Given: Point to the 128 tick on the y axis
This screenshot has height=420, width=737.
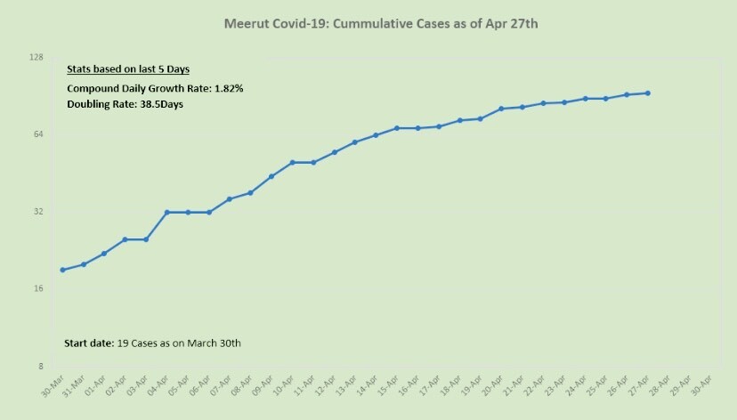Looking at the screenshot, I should coord(37,57).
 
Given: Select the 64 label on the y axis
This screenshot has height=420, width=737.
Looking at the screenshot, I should coord(39,134).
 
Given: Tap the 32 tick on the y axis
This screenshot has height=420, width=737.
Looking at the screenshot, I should coord(39,212).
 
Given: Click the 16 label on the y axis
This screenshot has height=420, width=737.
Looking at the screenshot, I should coord(39,289).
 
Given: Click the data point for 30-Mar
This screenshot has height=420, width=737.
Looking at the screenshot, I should coord(62,270).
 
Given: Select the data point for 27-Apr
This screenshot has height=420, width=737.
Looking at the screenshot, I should coord(647,93).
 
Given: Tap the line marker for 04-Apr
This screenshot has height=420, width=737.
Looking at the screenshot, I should coord(166,212).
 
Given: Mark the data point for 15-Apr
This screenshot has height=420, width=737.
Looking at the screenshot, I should coord(396,128).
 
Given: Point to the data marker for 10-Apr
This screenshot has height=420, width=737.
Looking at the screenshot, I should coord(292,162).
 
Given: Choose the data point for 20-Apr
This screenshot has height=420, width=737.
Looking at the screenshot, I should coord(501,109).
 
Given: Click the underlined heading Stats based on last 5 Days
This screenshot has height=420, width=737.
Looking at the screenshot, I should coord(127,69).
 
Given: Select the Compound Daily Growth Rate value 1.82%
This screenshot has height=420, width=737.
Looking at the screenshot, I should coord(229,88).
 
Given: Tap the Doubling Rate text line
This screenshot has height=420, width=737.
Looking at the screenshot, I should coord(125,104).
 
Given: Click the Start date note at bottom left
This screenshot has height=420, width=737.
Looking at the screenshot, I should coord(153,343).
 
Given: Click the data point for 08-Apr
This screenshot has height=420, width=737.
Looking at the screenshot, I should coord(250,192).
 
